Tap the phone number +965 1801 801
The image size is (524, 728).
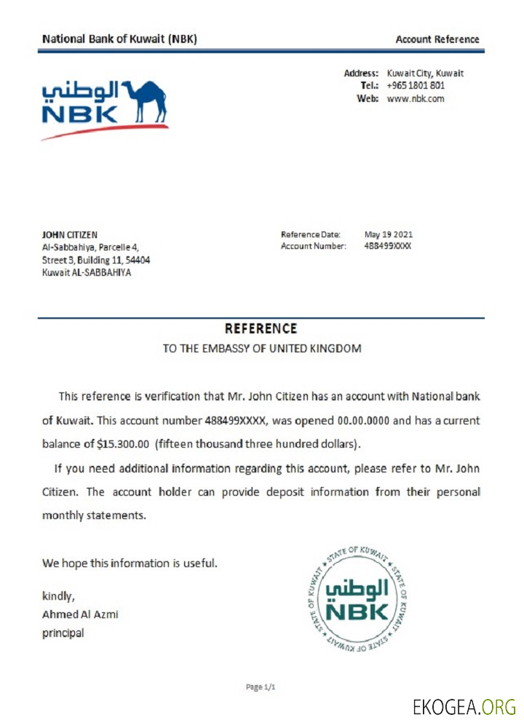click(416, 86)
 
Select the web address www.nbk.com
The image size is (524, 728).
click(415, 98)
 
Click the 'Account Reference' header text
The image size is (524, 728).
click(437, 39)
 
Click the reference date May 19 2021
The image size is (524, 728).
click(388, 234)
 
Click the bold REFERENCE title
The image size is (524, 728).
click(261, 329)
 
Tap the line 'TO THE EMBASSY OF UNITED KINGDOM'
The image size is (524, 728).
click(261, 349)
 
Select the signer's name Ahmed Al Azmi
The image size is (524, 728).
click(79, 614)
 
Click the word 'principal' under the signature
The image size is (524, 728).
click(63, 633)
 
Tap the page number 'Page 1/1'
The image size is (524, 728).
click(261, 687)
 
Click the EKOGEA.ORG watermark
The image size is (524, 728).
click(464, 706)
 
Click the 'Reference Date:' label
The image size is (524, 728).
click(310, 234)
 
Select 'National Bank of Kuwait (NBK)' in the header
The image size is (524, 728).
click(119, 39)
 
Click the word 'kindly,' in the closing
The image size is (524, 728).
click(58, 596)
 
